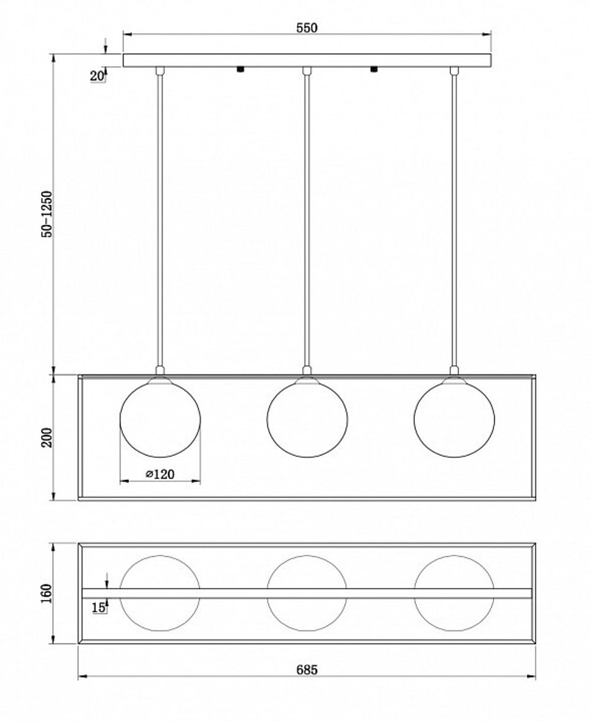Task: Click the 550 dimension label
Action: pyautogui.click(x=307, y=28)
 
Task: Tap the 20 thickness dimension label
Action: pyautogui.click(x=97, y=76)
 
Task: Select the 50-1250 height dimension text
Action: pyautogui.click(x=47, y=214)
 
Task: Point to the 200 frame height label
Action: pyautogui.click(x=47, y=438)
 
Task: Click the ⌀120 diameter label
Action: pyautogui.click(x=160, y=474)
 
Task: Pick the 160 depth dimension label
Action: pyautogui.click(x=47, y=594)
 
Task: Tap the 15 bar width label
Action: pyautogui.click(x=98, y=607)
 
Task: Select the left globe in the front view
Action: pyautogui.click(x=160, y=418)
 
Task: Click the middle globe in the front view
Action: pyautogui.click(x=307, y=418)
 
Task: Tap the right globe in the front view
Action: pyautogui.click(x=454, y=418)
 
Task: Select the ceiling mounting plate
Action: pyautogui.click(x=307, y=60)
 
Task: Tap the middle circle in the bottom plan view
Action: pyautogui.click(x=307, y=593)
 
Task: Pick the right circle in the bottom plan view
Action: pyautogui.click(x=454, y=593)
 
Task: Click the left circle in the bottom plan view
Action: pyautogui.click(x=160, y=593)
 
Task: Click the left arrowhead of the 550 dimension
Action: pyautogui.click(x=128, y=34)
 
